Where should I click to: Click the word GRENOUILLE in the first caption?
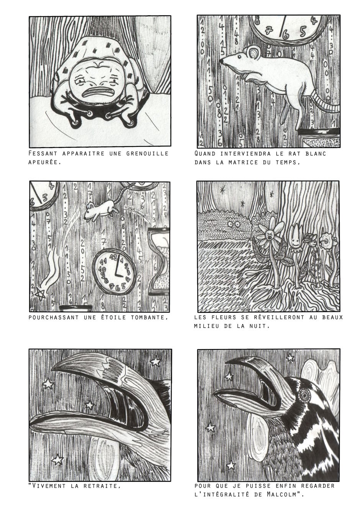pyautogui.click(x=147, y=153)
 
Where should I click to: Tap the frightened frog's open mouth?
pyautogui.click(x=98, y=92)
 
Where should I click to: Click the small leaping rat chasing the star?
pyautogui.click(x=101, y=208)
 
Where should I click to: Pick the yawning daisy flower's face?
pyautogui.click(x=269, y=236)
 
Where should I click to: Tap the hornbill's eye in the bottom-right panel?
pyautogui.click(x=305, y=395)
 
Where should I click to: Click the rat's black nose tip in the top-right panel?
pyautogui.click(x=221, y=61)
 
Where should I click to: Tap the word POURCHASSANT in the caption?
pyautogui.click(x=54, y=317)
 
